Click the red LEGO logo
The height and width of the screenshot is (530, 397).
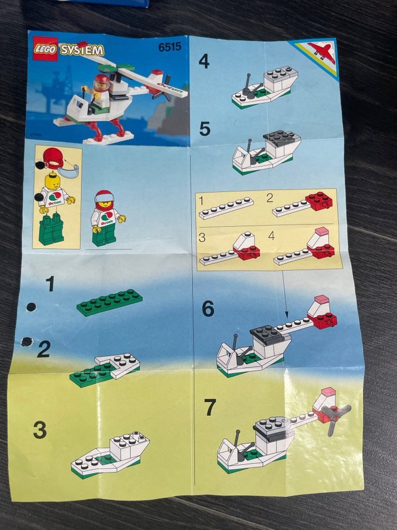click(45, 49)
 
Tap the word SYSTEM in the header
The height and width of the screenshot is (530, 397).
click(82, 51)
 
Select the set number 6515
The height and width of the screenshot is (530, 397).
click(170, 47)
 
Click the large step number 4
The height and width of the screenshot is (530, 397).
click(204, 61)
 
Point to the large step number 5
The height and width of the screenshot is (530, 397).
click(205, 129)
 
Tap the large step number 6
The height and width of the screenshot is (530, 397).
click(208, 309)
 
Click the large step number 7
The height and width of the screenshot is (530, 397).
click(210, 408)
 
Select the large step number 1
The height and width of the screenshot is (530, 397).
click(51, 284)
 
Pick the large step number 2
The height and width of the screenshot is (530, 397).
click(44, 349)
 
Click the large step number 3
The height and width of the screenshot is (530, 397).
click(40, 430)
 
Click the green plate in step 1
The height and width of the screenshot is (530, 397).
click(109, 302)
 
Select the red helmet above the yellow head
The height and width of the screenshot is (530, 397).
click(54, 157)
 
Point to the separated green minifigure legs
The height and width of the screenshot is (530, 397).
click(51, 230)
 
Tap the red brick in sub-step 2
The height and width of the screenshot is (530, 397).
click(319, 201)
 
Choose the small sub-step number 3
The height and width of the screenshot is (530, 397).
click(202, 237)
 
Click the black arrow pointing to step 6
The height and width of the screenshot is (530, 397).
click(284, 293)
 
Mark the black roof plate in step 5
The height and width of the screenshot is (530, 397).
click(282, 138)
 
